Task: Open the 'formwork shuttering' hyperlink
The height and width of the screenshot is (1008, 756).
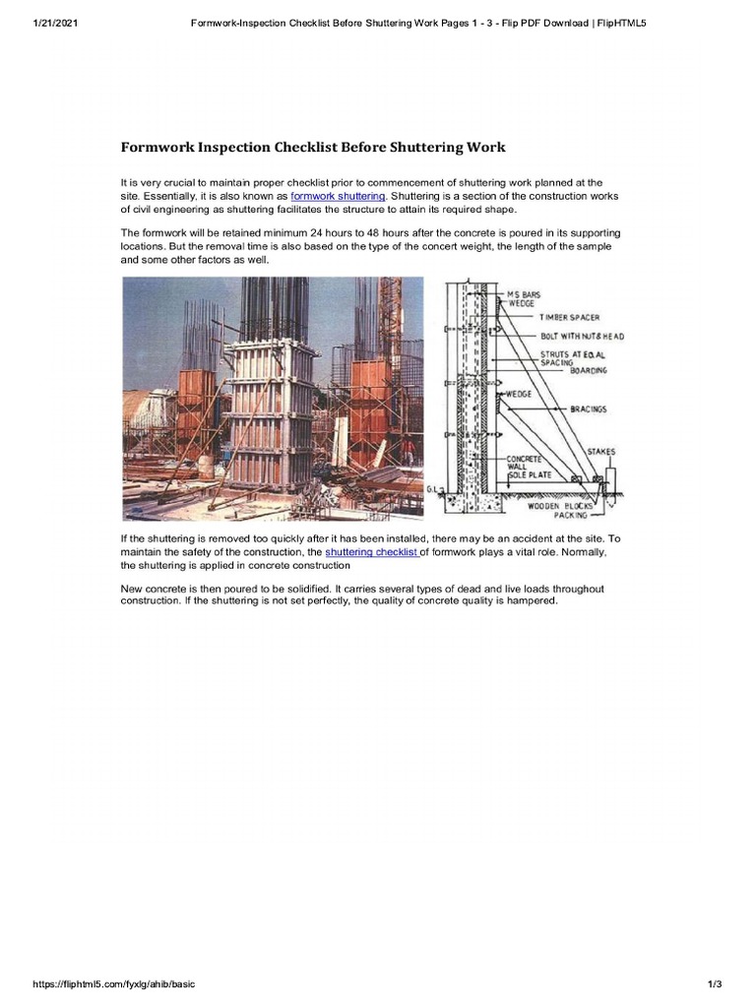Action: pyautogui.click(x=338, y=197)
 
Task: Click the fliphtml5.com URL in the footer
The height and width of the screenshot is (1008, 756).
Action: pyautogui.click(x=107, y=984)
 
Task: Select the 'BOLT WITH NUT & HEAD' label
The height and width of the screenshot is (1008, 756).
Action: pyautogui.click(x=581, y=337)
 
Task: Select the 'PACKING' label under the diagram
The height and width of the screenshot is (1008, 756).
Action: pyautogui.click(x=570, y=515)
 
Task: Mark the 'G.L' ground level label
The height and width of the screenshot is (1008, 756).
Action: pyautogui.click(x=434, y=488)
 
